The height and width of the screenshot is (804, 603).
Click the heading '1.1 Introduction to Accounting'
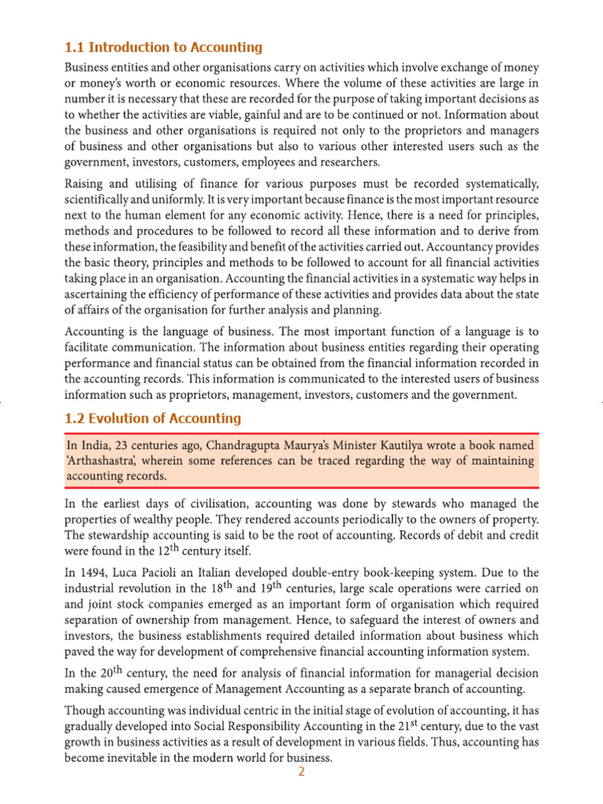(163, 47)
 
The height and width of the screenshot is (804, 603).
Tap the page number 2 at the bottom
(300, 772)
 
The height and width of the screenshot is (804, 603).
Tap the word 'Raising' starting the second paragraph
(85, 184)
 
